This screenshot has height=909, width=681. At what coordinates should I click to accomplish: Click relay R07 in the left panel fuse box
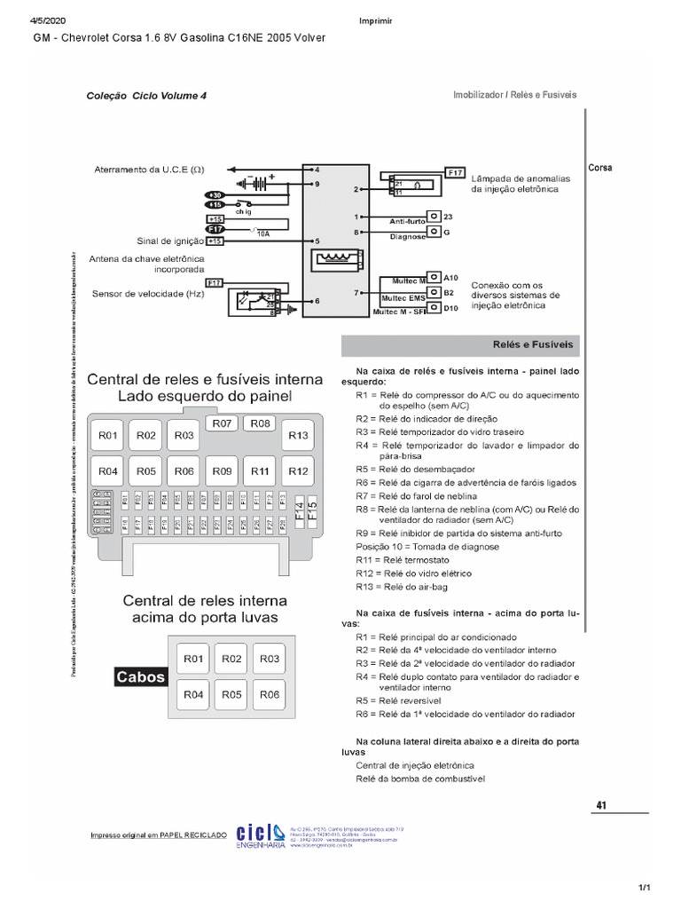point(222,424)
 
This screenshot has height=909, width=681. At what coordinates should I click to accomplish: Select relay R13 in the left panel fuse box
point(298,436)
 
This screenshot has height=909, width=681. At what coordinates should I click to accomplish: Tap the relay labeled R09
point(222,470)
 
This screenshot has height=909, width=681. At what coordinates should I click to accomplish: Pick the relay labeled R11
point(260,470)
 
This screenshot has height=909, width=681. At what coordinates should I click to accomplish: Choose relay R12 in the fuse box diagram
point(298,470)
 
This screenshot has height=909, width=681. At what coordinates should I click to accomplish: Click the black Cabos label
point(140,677)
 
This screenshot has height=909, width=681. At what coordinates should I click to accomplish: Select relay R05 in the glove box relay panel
point(231,694)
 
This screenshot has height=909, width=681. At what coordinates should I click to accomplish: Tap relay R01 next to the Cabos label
point(194,659)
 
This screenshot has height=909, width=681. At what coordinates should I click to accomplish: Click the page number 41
point(601,805)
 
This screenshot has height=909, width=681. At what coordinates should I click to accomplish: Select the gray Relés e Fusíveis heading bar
point(460,344)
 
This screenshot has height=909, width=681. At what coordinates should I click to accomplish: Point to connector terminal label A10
point(450,277)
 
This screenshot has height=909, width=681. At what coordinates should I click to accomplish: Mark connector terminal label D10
point(450,307)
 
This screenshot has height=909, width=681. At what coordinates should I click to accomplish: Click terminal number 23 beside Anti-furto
point(448,217)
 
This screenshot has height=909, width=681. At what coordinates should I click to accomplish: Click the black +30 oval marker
point(215,194)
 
